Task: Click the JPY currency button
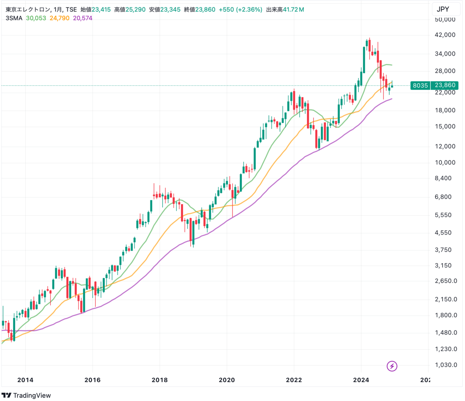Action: [443, 9]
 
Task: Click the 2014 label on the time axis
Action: [25, 380]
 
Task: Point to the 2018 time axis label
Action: [160, 380]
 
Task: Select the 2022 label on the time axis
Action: [294, 380]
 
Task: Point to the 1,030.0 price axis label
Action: [446, 365]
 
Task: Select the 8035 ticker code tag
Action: [420, 86]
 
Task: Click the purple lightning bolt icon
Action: [392, 366]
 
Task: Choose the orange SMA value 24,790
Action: [60, 18]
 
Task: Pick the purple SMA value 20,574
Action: [83, 18]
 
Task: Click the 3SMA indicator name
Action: [14, 18]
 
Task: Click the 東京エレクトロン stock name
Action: [27, 9]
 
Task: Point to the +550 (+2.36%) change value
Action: [240, 9]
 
